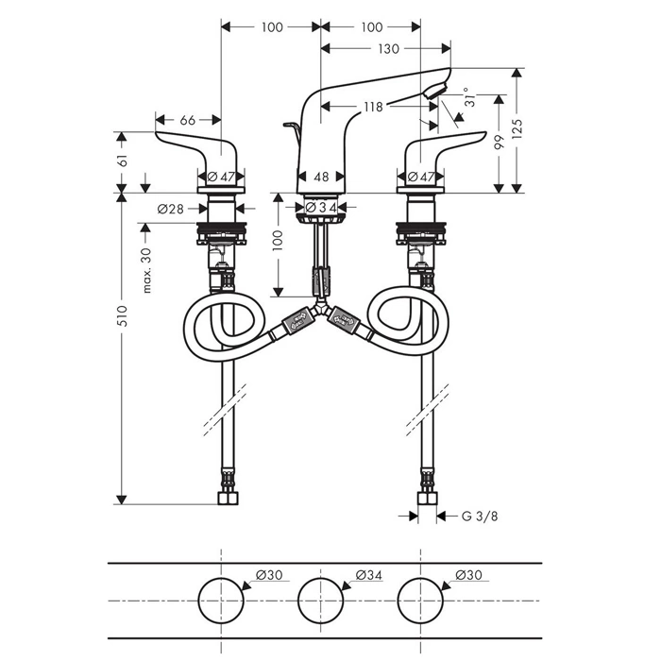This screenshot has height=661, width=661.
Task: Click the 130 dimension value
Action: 388,49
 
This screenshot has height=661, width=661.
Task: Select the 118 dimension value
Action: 374,107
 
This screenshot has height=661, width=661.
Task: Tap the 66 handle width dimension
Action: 188,121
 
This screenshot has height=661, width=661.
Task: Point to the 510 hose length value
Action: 122,315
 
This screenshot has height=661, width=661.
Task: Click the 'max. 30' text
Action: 146,271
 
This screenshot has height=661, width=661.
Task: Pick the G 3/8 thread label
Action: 480,516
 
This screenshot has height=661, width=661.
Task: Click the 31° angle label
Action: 470,97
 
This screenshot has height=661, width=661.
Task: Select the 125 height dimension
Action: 517,128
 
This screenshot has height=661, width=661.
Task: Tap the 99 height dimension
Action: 500,143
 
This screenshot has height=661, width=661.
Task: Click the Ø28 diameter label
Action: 170,209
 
